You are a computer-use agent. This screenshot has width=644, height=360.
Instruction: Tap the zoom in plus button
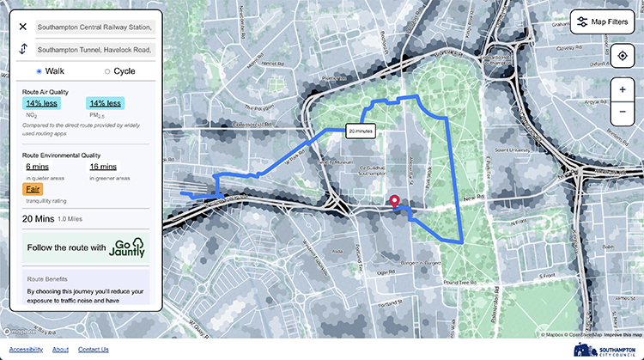point(622,89)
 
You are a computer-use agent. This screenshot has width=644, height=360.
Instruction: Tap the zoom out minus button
point(622,113)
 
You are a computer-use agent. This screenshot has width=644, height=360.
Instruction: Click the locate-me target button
point(622,57)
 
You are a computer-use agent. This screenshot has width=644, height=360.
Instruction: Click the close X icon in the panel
point(23,27)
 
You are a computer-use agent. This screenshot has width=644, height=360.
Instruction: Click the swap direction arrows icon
point(23,49)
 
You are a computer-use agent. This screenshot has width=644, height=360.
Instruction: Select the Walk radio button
point(39,70)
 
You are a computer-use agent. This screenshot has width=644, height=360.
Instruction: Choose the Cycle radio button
point(107,70)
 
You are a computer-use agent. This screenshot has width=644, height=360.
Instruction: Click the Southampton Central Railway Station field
point(95,27)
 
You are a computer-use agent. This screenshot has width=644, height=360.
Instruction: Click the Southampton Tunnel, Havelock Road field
point(95,50)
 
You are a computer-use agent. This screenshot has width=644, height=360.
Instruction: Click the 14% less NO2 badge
point(41,103)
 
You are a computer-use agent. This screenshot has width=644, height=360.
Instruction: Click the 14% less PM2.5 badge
point(105,103)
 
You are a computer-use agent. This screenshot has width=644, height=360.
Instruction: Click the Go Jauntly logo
point(128,247)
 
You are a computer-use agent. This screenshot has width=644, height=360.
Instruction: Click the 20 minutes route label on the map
point(360,131)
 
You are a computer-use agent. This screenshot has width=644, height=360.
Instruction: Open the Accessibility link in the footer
point(26,350)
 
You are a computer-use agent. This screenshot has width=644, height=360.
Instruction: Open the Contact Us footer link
point(93,350)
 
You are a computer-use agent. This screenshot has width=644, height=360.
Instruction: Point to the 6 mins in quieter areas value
point(37,166)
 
